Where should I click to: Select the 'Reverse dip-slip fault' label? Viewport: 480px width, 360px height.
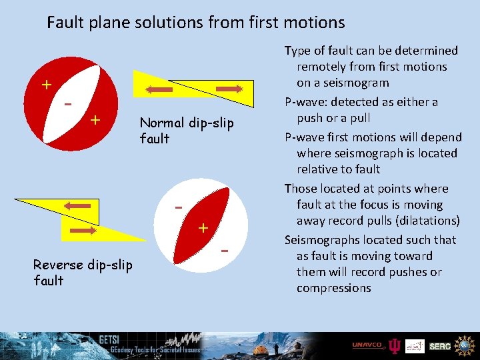coord(82,273)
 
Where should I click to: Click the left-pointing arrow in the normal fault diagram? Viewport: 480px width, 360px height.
coord(161,88)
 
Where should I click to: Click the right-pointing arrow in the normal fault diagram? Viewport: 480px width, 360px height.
coord(228,88)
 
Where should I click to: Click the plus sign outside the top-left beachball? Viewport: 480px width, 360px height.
coord(46,85)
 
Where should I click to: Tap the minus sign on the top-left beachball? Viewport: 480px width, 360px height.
coord(67,106)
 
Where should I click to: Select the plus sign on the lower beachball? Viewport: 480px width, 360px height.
coord(203,228)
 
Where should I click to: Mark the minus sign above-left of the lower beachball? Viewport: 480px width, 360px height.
coord(179,208)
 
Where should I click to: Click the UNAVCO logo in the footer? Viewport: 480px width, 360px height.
coord(367,345)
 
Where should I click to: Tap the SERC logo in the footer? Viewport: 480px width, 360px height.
coord(440,346)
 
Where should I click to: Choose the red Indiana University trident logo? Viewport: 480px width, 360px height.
coord(395,345)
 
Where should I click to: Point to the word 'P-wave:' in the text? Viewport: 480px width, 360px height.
coord(305,102)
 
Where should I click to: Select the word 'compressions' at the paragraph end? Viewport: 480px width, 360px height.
coord(333,288)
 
